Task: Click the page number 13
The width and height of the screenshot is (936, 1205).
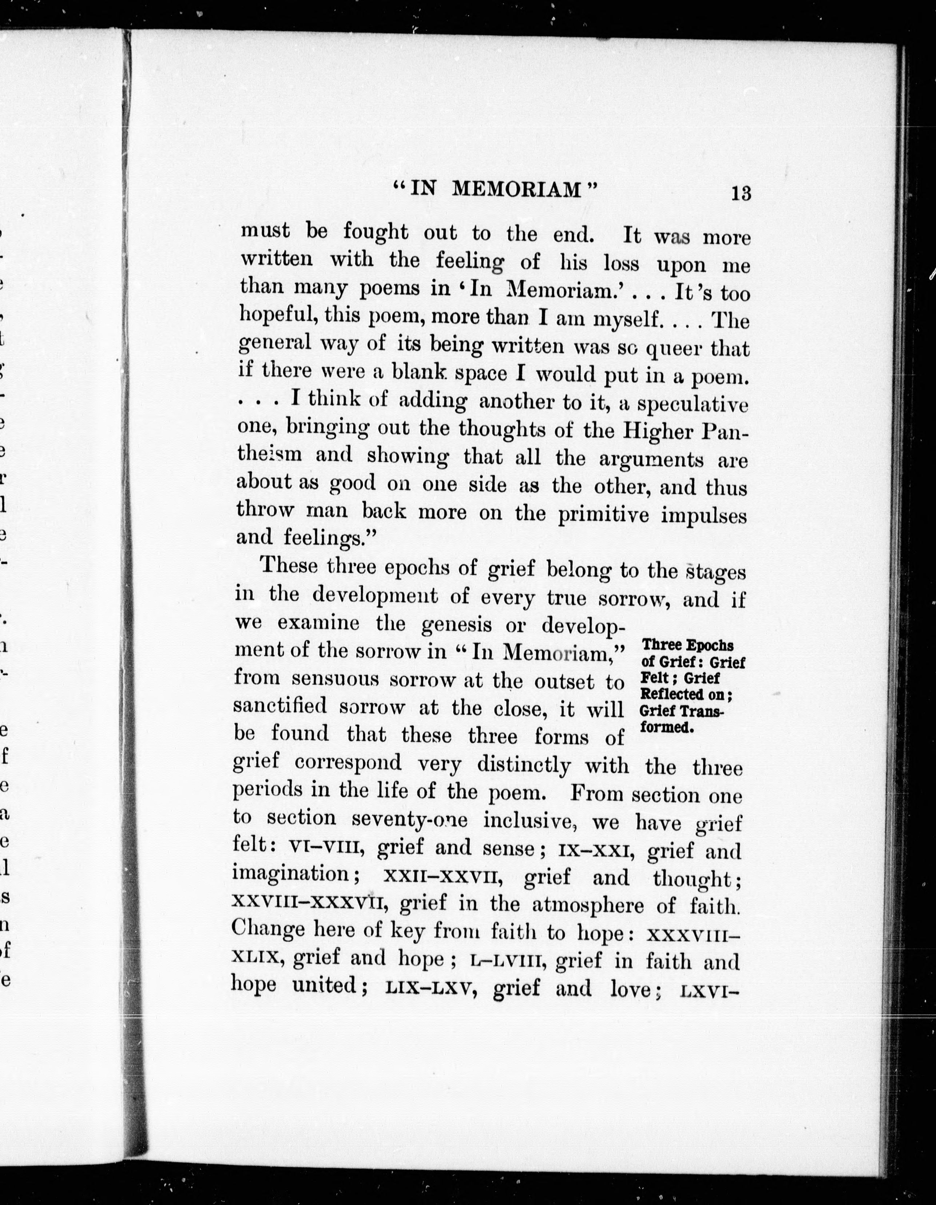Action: [741, 194]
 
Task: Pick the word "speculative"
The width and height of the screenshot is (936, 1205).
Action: [693, 405]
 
